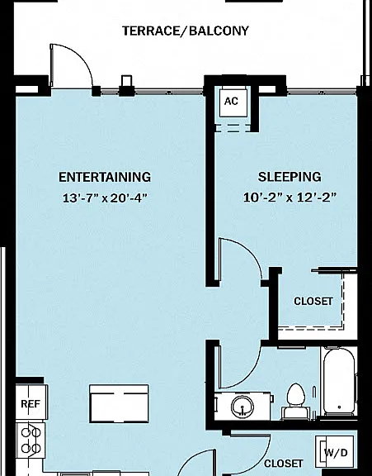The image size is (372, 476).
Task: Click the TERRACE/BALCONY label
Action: point(186,31)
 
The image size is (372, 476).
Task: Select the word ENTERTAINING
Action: point(105,177)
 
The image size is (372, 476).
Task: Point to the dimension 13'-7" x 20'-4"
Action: point(105,198)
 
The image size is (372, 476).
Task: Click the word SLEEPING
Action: point(290,177)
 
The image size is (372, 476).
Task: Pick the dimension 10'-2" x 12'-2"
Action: point(290,198)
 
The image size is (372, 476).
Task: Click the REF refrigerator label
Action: point(31,404)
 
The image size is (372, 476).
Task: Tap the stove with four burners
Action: point(31,440)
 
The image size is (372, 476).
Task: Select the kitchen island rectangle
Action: point(119,403)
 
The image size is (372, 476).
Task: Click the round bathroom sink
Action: point(243,407)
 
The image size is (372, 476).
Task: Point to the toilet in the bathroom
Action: point(294,401)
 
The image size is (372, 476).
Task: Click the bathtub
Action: point(339,382)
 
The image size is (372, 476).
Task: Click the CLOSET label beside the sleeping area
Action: point(313,301)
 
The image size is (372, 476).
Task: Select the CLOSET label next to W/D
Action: point(283,464)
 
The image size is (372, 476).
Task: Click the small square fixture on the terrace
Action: point(126,81)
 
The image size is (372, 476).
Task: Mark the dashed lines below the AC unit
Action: point(233,128)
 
